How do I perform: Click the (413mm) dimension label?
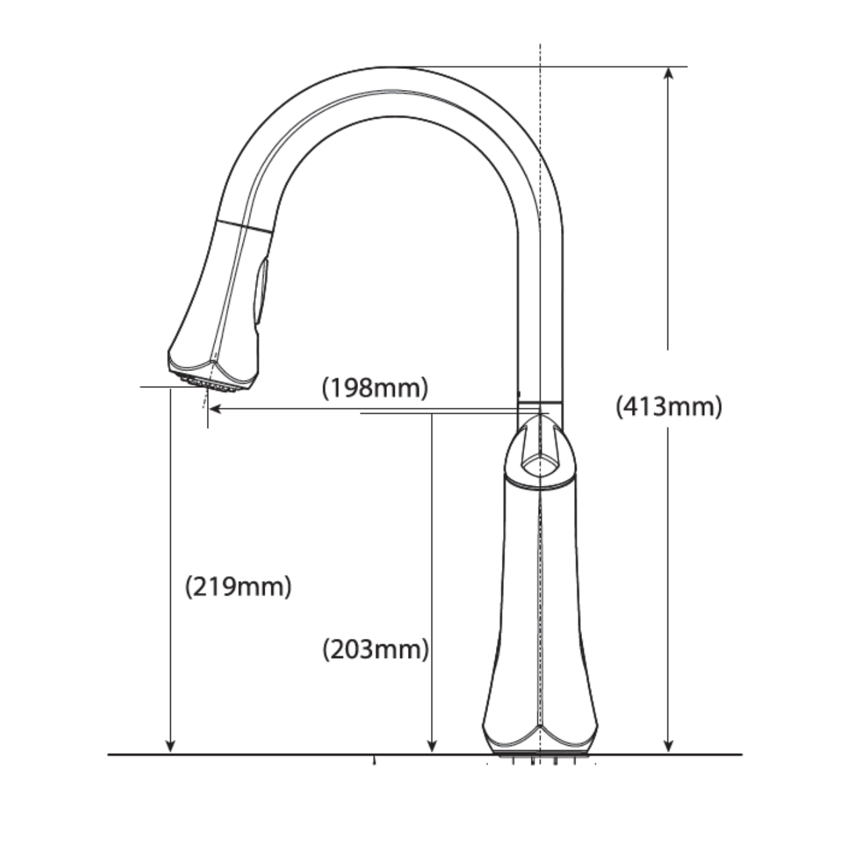pos(669,406)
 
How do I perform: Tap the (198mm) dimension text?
pos(375,388)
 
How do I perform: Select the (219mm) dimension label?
pos(238,587)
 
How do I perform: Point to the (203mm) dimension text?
pos(375,649)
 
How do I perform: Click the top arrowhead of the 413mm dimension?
pos(669,73)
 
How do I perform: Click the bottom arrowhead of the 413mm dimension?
pos(669,746)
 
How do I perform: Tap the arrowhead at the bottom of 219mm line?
pos(170,746)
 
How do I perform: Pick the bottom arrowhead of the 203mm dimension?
pos(432,746)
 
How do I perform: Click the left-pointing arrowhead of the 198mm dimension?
pos(215,408)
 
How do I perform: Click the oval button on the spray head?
pos(261,292)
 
